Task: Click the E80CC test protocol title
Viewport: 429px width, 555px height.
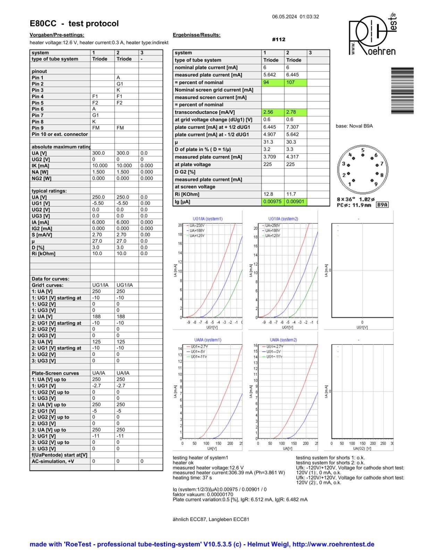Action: point(74,24)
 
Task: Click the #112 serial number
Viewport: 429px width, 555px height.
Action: point(278,40)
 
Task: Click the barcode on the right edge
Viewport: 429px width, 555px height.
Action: point(402,90)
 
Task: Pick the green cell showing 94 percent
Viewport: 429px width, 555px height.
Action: point(272,83)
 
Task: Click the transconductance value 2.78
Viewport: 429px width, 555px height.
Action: point(295,112)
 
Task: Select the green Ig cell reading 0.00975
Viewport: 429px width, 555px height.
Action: point(272,202)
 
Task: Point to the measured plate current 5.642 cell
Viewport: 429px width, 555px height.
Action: point(272,75)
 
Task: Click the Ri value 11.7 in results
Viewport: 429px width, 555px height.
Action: point(295,194)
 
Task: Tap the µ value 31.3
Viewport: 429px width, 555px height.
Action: point(272,142)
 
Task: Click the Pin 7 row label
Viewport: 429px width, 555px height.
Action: point(37,115)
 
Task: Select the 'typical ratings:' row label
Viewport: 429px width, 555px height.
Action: point(49,191)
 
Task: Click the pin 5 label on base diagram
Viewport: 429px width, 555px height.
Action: point(363,150)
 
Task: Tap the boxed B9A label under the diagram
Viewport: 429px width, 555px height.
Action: point(382,205)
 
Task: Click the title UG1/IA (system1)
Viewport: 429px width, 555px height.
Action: point(208,219)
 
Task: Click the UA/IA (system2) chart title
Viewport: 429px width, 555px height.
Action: point(283,340)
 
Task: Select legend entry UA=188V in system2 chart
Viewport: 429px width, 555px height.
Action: point(272,231)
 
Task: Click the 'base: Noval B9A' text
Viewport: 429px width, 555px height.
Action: point(354,126)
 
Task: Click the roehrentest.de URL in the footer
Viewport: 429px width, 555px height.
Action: point(333,544)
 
